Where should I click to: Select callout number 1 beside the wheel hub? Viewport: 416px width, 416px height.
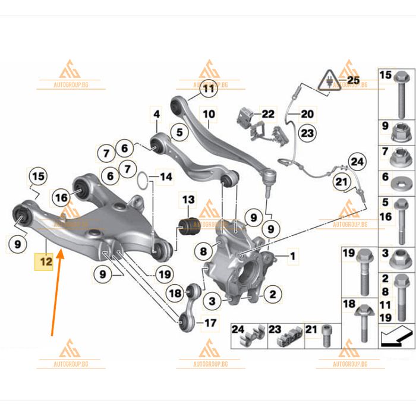tap(292, 257)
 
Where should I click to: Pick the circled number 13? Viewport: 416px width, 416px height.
tap(188, 200)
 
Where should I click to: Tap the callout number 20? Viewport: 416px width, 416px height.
tap(307, 114)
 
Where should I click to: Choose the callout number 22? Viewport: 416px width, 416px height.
tap(268, 113)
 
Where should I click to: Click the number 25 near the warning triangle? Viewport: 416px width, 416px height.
tap(353, 79)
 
